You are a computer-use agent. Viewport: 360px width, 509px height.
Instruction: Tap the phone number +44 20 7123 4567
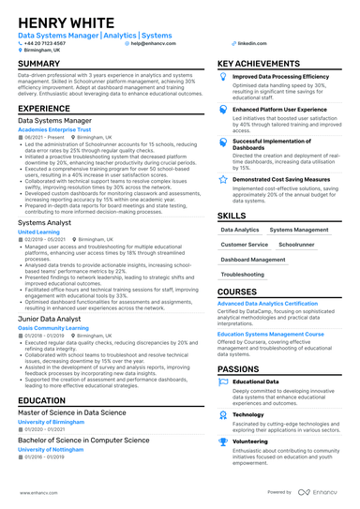point(44,43)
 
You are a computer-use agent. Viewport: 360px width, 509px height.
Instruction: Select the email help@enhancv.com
point(152,43)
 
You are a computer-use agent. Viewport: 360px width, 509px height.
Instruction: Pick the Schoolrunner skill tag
point(296,243)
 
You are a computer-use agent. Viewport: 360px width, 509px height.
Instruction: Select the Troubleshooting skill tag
point(243,275)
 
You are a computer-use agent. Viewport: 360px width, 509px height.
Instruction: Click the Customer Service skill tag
point(244,243)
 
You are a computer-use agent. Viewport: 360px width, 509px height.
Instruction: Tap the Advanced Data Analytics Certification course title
point(267,305)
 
